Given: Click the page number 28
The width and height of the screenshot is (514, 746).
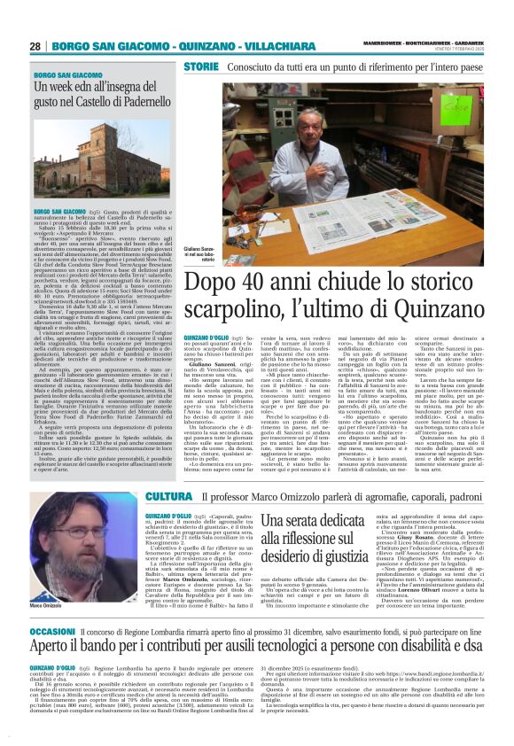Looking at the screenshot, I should click(35, 46).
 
